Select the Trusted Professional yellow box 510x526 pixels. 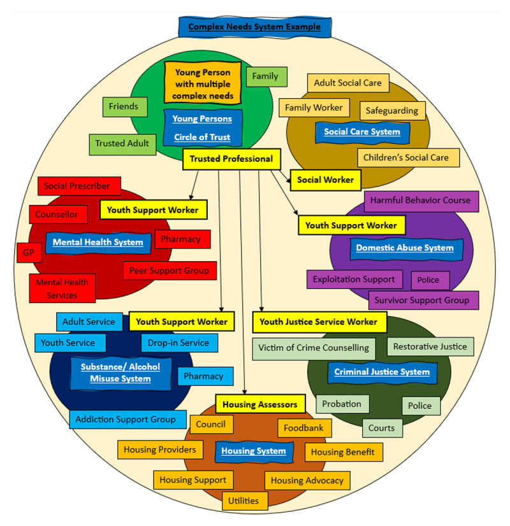[x=231, y=159]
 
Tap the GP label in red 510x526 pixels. [x=28, y=252]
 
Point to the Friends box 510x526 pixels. [x=123, y=106]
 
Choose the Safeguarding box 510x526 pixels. [x=391, y=110]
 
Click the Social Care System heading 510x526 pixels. [x=361, y=132]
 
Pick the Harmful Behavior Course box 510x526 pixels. [x=421, y=200]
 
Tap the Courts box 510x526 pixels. [x=382, y=428]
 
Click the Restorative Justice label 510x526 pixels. [x=430, y=346]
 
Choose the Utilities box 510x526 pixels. [x=244, y=501]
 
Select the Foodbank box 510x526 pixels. [x=303, y=428]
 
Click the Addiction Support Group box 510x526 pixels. [x=125, y=419]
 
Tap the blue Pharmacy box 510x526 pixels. [x=203, y=376]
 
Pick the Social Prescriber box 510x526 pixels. [x=77, y=186]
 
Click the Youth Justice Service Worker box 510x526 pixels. [x=319, y=322]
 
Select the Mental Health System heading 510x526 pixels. [x=98, y=242]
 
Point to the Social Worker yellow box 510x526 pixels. [x=325, y=180]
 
